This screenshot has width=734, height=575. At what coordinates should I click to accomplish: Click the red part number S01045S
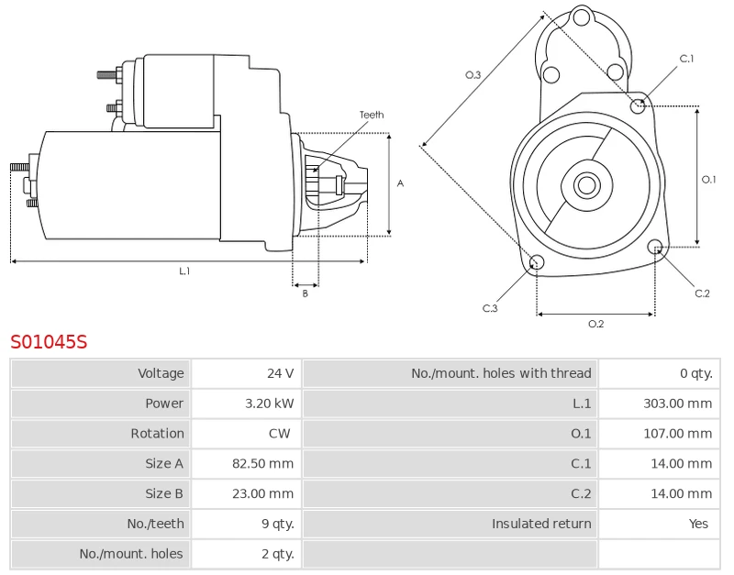pyautogui.click(x=49, y=342)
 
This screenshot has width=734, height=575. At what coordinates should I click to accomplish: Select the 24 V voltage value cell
pyautogui.click(x=280, y=373)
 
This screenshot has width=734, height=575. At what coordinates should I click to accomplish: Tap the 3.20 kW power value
pyautogui.click(x=270, y=404)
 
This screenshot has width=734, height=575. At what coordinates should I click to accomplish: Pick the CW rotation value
pyautogui.click(x=280, y=434)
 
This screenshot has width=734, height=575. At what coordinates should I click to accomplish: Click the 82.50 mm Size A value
pyautogui.click(x=262, y=464)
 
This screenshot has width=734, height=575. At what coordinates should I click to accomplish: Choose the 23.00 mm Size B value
pyautogui.click(x=262, y=493)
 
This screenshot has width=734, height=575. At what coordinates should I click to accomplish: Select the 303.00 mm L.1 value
pyautogui.click(x=677, y=404)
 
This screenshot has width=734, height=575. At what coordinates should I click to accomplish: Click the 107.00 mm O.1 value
pyautogui.click(x=677, y=434)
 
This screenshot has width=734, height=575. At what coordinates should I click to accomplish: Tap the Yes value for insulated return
pyautogui.click(x=698, y=524)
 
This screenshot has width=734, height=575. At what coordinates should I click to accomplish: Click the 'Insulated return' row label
pyautogui.click(x=541, y=524)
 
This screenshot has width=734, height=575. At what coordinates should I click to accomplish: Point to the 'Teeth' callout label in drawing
pyautogui.click(x=372, y=115)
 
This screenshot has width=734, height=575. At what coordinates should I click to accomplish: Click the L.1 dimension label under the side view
pyautogui.click(x=184, y=271)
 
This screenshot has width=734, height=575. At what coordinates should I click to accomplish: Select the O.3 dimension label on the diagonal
pyautogui.click(x=473, y=75)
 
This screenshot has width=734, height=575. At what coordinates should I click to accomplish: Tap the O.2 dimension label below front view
pyautogui.click(x=595, y=324)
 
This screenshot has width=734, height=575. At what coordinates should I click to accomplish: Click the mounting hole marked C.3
pyautogui.click(x=538, y=264)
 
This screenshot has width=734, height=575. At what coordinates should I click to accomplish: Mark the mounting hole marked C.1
pyautogui.click(x=639, y=106)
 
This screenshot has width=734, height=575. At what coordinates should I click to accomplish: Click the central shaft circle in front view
pyautogui.click(x=586, y=185)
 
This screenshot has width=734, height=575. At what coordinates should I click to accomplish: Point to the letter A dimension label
pyautogui.click(x=400, y=183)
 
